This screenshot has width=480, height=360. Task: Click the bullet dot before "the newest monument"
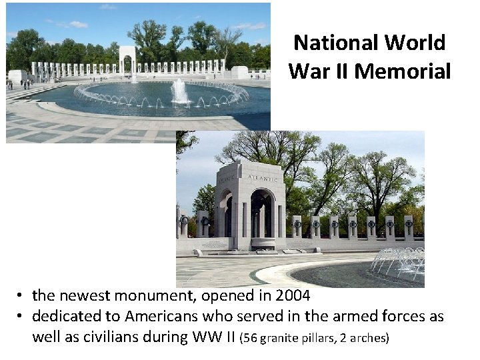(22, 295)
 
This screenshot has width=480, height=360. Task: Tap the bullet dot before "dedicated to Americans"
(22, 316)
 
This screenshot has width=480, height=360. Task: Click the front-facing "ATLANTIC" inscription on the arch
(262, 178)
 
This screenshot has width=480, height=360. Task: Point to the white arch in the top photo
(127, 62)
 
